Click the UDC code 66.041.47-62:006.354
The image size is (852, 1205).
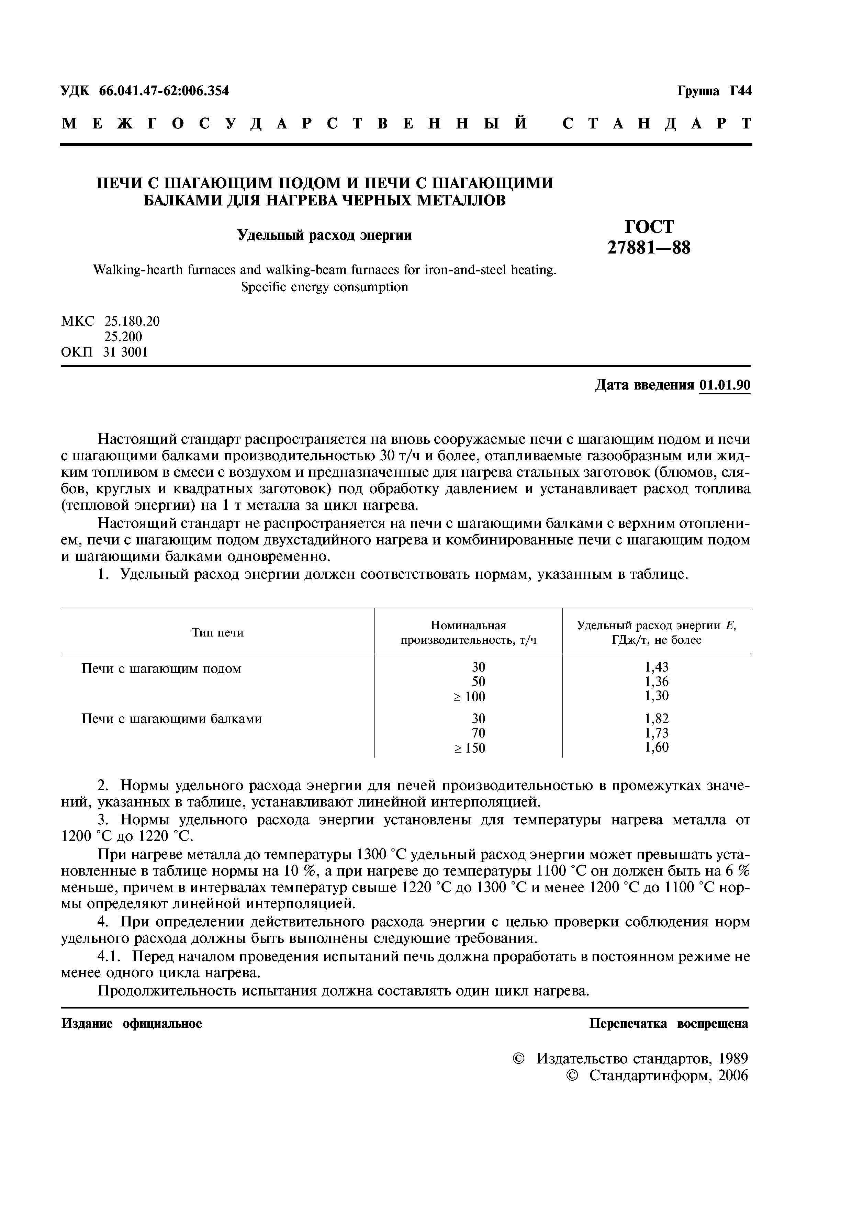click(164, 91)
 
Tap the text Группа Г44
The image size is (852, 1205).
click(715, 91)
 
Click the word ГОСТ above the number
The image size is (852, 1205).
click(649, 226)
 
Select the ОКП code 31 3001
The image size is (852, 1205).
click(126, 352)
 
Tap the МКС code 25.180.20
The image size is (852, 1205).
click(132, 321)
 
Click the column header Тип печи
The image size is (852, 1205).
click(217, 632)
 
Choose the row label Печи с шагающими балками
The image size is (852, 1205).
click(172, 719)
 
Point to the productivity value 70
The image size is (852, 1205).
click(478, 733)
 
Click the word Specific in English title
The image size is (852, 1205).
click(265, 287)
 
